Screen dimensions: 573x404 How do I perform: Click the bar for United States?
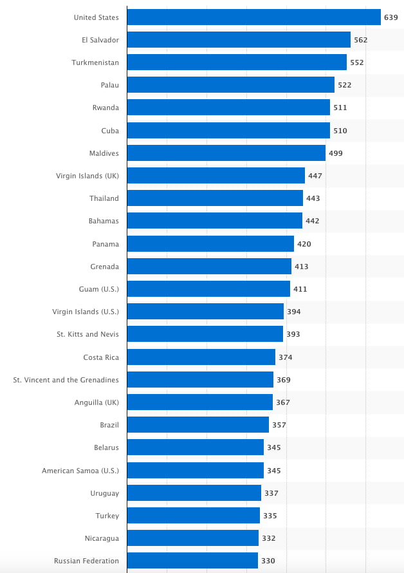pos(253,17)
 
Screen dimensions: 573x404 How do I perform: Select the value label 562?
pos(360,40)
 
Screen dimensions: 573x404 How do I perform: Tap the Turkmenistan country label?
pos(95,62)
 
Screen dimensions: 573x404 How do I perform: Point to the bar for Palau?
pos(230,85)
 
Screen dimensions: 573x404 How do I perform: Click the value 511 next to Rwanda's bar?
pos(340,108)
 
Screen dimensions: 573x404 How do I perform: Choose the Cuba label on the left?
pos(110,131)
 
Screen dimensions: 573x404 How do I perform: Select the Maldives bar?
pos(226,153)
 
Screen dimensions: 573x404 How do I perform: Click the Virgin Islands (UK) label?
pos(87,176)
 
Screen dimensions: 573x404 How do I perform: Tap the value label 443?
pos(313,198)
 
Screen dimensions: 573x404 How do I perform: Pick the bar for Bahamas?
pos(214,221)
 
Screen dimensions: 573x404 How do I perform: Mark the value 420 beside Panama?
pos(304,244)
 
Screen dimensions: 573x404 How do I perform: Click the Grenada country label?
pos(105,267)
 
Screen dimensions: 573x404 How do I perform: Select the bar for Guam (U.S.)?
pos(208,289)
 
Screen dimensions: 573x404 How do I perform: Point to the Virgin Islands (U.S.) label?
pos(86,312)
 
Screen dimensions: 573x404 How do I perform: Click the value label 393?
pos(293,334)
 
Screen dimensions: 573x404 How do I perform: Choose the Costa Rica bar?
pos(201,357)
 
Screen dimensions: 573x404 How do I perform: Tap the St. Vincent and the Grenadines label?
pos(66,380)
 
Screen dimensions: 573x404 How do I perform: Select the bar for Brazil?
pos(197,425)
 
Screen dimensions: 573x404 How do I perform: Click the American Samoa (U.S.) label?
pos(80,471)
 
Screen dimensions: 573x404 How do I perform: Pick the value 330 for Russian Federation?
pos(268,561)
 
